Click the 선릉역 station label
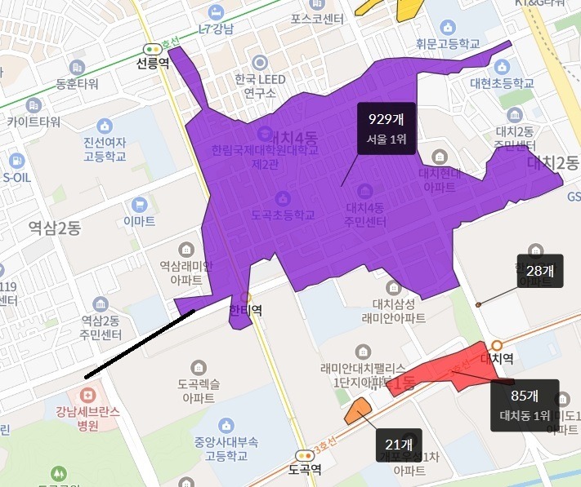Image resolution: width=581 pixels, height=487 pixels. [x=153, y=63]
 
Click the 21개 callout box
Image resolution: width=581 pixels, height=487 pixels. [x=399, y=445]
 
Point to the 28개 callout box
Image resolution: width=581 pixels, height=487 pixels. [x=540, y=271]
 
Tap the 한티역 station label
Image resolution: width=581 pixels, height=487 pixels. [x=244, y=311]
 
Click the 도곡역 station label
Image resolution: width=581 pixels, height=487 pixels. [x=305, y=469]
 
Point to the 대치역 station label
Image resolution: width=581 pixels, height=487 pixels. [x=496, y=357]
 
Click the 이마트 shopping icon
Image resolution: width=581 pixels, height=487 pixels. [x=139, y=206]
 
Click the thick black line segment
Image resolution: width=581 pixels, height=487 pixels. [x=139, y=343]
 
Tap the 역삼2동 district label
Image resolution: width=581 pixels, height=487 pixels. [x=54, y=229]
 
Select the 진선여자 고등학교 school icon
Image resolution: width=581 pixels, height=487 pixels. [x=104, y=126]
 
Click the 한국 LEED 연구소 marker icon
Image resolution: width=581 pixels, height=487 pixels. [x=261, y=62]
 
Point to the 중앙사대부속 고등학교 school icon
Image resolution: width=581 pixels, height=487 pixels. [x=226, y=425]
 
